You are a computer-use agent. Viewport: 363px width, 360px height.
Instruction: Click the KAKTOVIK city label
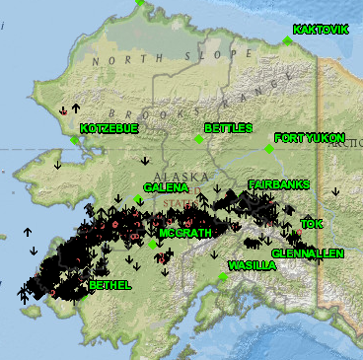[322, 30]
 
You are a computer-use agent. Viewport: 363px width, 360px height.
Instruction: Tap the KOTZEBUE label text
[108, 129]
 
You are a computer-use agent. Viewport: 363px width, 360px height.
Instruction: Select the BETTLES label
[229, 128]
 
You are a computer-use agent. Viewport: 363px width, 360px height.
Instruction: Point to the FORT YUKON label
[311, 138]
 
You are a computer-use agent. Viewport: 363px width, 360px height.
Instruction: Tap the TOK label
[312, 224]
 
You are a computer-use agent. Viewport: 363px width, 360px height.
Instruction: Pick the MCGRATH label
[184, 233]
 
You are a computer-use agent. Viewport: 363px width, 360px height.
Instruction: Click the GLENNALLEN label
[308, 253]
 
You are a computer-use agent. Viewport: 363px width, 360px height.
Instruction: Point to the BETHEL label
[109, 285]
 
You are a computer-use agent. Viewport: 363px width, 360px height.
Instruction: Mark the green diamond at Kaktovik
[287, 40]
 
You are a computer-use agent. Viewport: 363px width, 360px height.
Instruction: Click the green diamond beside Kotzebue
[75, 140]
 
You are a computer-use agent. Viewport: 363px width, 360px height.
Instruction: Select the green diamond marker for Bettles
[199, 140]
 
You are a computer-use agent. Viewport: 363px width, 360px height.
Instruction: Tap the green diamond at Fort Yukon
[268, 149]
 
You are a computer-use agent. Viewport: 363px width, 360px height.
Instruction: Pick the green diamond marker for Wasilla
[224, 277]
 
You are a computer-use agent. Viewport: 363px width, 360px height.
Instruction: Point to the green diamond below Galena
[138, 198]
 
